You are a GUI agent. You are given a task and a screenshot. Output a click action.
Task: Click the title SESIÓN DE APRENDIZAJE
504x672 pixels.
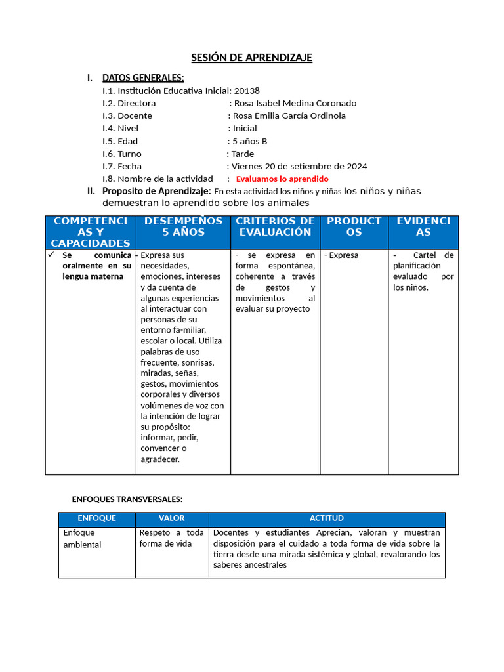click(x=251, y=58)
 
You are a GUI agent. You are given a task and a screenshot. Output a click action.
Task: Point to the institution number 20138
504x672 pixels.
click(x=247, y=91)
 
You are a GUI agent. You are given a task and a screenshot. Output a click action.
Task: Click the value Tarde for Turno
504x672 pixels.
click(x=243, y=154)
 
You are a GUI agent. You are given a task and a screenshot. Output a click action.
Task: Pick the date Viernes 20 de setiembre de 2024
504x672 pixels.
click(x=299, y=166)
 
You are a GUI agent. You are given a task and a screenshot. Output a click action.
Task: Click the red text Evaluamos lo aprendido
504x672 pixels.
click(x=282, y=178)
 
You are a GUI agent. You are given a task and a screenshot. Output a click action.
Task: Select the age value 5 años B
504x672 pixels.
click(x=250, y=141)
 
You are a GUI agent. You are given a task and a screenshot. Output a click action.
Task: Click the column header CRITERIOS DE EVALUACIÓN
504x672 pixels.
click(x=275, y=226)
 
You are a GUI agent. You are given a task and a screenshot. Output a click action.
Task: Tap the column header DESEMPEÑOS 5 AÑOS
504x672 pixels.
click(x=183, y=226)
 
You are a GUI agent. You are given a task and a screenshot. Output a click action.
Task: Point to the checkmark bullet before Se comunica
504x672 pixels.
click(x=52, y=254)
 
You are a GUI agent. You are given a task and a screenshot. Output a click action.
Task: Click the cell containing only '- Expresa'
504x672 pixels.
click(x=342, y=255)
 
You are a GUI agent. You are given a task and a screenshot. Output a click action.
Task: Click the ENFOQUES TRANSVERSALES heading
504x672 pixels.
click(x=127, y=499)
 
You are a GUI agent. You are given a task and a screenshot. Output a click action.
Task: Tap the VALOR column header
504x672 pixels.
click(x=172, y=518)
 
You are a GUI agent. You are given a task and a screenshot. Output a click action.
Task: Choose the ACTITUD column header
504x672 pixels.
click(x=327, y=518)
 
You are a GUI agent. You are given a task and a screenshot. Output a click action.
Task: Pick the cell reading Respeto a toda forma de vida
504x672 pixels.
click(x=171, y=538)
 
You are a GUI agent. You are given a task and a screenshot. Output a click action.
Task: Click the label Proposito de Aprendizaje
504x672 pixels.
click(x=156, y=191)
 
